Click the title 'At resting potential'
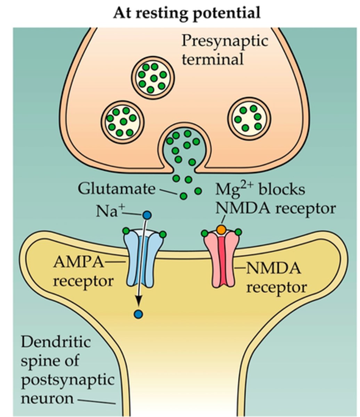(x=187, y=13)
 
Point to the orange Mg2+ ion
(x=221, y=229)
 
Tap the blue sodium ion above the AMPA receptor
(x=147, y=216)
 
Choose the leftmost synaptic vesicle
(x=122, y=121)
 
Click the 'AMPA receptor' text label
(x=83, y=271)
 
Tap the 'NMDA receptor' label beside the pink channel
(x=275, y=278)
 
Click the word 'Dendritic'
(x=56, y=342)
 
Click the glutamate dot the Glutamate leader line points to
(x=183, y=196)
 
